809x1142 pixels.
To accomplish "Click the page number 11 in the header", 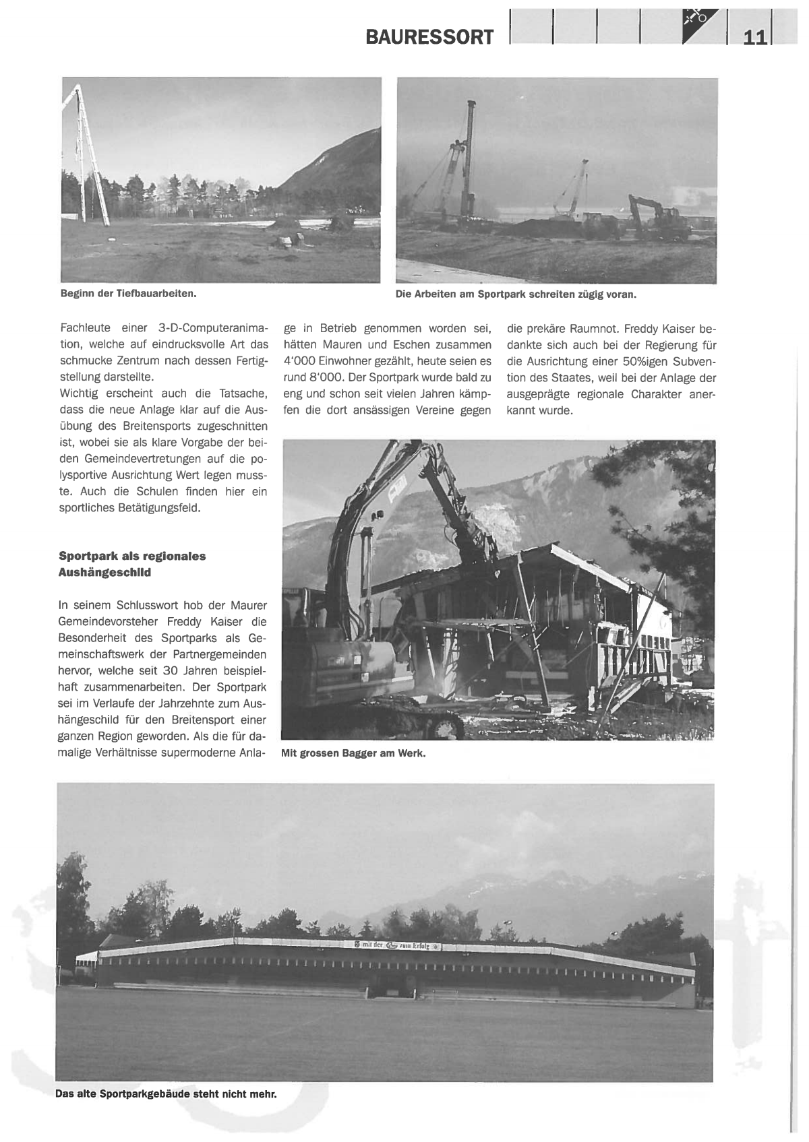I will [754, 37].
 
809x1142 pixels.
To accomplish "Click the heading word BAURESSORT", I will [429, 37].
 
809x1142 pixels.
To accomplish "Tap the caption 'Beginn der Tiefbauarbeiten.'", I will [128, 294].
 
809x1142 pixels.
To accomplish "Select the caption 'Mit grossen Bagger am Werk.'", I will [353, 753].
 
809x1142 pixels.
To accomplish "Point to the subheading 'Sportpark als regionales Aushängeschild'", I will [132, 564].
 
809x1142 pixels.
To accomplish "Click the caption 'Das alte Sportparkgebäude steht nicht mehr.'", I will [166, 1094].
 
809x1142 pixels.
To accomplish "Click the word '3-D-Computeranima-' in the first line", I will [213, 329].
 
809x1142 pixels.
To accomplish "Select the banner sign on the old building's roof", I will [398, 946].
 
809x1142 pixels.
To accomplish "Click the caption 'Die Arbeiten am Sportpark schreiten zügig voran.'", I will [516, 294].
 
